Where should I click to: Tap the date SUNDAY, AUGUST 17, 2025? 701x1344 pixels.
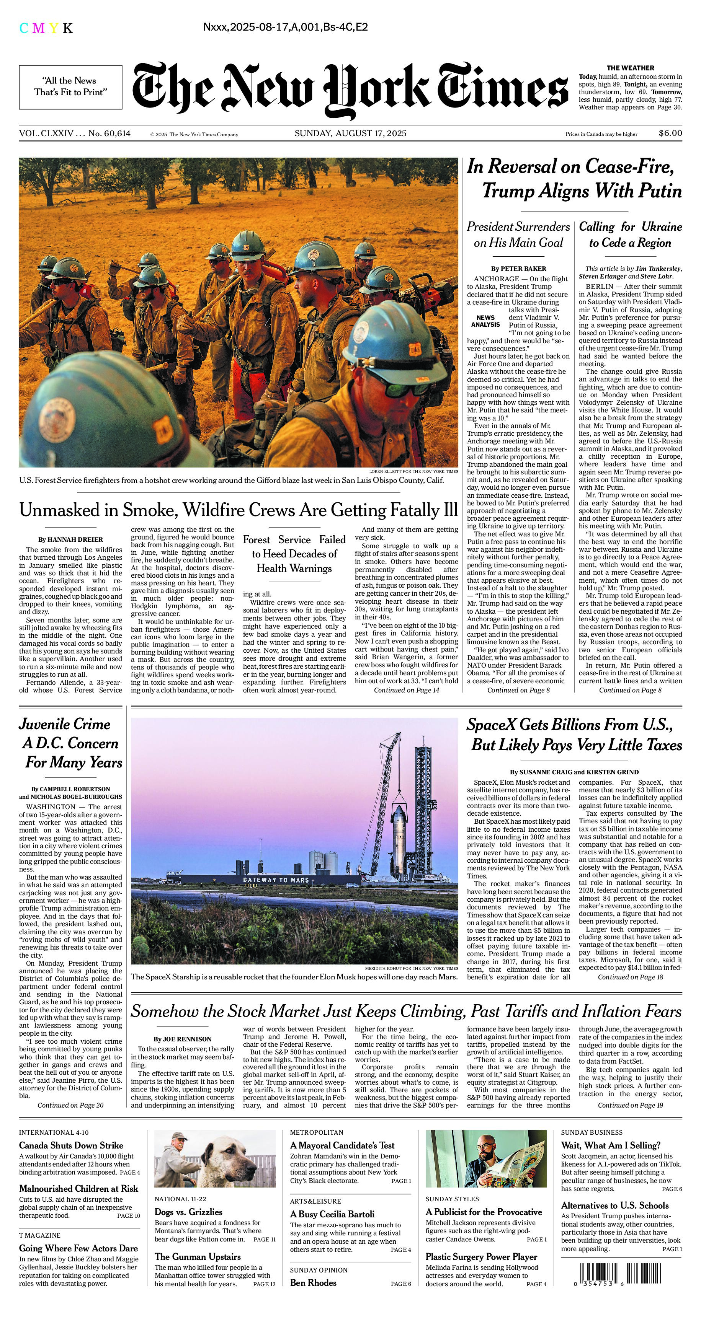point(350,133)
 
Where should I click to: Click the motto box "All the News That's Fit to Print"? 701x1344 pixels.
point(70,86)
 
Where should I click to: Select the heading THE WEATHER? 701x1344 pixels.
point(630,68)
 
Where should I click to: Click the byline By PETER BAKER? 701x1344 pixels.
point(518,268)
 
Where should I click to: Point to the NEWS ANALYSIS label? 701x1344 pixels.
point(485,321)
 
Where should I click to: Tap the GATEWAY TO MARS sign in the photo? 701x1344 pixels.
point(276,880)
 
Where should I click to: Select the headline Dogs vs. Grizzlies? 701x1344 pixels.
point(188,1212)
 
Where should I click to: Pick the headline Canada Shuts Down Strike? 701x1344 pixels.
point(71,1145)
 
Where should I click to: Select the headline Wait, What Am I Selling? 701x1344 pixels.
point(611,1145)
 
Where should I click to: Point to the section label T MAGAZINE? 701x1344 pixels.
point(40,1235)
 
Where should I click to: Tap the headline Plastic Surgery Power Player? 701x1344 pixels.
point(481,1256)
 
